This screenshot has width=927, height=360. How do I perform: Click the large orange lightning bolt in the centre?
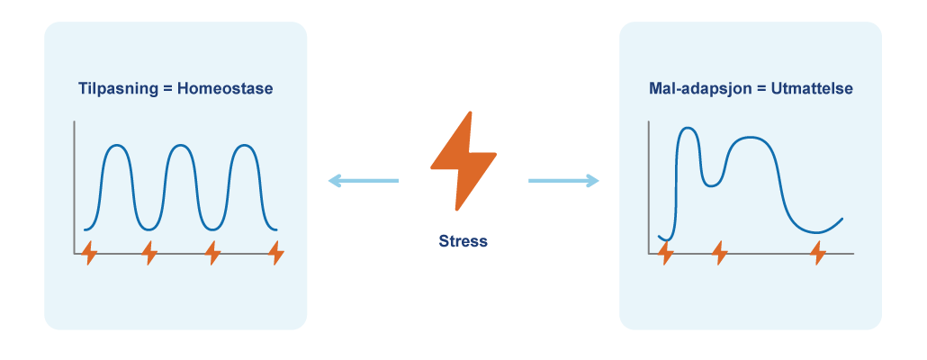463,161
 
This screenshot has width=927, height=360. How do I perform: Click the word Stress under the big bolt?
463,241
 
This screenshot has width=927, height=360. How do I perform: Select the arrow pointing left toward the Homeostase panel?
362,181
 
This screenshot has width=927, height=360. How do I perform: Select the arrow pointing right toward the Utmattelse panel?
563,181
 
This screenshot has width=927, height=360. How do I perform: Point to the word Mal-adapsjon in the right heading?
694,89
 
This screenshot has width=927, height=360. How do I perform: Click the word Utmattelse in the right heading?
812,89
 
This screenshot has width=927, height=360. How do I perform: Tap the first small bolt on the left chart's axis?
89,254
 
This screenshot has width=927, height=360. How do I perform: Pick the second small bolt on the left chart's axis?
150,254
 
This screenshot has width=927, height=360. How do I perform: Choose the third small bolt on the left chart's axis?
212,254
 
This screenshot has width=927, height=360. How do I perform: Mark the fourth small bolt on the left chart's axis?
275,254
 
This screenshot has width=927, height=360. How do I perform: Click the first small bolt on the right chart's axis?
665,254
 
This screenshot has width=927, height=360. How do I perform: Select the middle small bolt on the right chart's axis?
719,254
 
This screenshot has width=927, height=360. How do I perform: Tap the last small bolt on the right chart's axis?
817,254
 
